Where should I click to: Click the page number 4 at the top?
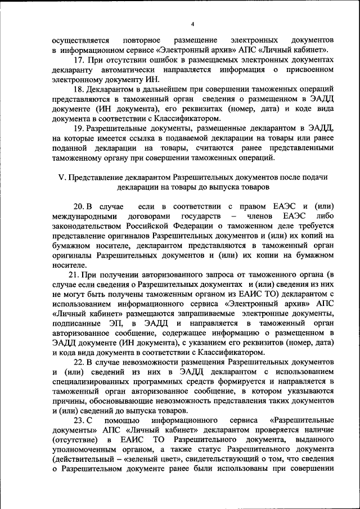click(x=192, y=24)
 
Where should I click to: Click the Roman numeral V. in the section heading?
click(x=62, y=177)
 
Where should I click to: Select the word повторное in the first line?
click(x=141, y=41)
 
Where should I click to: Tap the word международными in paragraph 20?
click(x=85, y=216)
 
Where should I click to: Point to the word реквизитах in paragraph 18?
click(x=191, y=109)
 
